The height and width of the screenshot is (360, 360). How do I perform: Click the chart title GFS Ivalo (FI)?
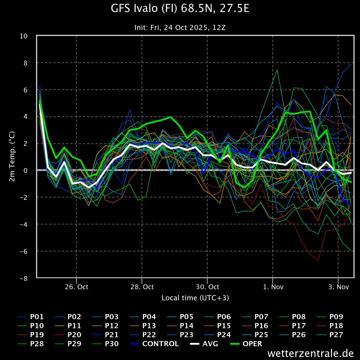click(x=144, y=9)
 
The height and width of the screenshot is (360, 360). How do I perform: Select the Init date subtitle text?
click(x=180, y=28)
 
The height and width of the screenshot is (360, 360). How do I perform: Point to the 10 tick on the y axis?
click(x=23, y=36)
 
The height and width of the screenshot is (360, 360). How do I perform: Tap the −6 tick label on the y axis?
click(x=23, y=251)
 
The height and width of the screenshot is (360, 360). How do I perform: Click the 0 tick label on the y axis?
click(x=25, y=171)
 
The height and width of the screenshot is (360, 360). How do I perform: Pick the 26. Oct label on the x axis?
click(x=76, y=287)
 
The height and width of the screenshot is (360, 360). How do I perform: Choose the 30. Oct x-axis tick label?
click(x=207, y=287)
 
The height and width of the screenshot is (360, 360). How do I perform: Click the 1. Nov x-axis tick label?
click(x=273, y=287)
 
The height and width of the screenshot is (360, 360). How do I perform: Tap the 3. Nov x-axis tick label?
click(x=339, y=287)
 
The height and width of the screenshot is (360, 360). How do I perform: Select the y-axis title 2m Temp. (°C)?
click(x=12, y=156)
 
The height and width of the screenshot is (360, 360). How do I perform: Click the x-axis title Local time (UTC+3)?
click(x=195, y=298)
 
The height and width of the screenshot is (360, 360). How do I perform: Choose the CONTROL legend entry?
click(x=154, y=344)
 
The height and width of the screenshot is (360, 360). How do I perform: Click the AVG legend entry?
click(x=204, y=344)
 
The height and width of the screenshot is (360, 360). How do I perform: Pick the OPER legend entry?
click(x=246, y=344)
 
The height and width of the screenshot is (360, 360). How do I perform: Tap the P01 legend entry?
click(x=31, y=317)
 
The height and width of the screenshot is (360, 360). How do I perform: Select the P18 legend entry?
click(x=330, y=326)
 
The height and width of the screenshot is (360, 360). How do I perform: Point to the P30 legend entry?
click(x=106, y=344)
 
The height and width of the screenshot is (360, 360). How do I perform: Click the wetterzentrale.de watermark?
click(x=310, y=353)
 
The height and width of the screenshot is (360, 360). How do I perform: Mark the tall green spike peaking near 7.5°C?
click(x=277, y=70)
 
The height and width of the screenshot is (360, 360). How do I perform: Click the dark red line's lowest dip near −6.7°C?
click(x=318, y=260)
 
